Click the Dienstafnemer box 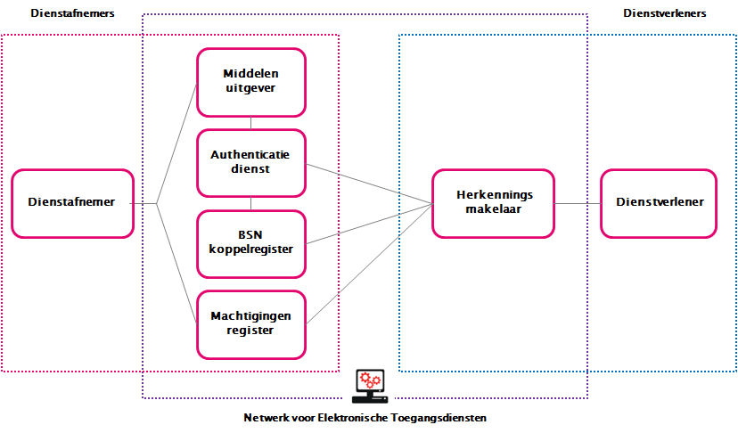point(71,203)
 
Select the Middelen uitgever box point(250,82)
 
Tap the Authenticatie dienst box point(250,163)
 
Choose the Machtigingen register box point(250,323)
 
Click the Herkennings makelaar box point(493,203)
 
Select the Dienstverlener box point(659,203)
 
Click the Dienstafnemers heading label point(72,14)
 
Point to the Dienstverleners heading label point(665,14)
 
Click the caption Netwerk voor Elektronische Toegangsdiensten point(365,418)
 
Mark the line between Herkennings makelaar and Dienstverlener point(577,203)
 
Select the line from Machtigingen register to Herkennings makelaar point(368,263)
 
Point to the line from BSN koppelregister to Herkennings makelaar point(368,223)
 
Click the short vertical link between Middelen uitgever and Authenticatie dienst point(250,123)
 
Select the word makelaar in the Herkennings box point(493,210)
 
